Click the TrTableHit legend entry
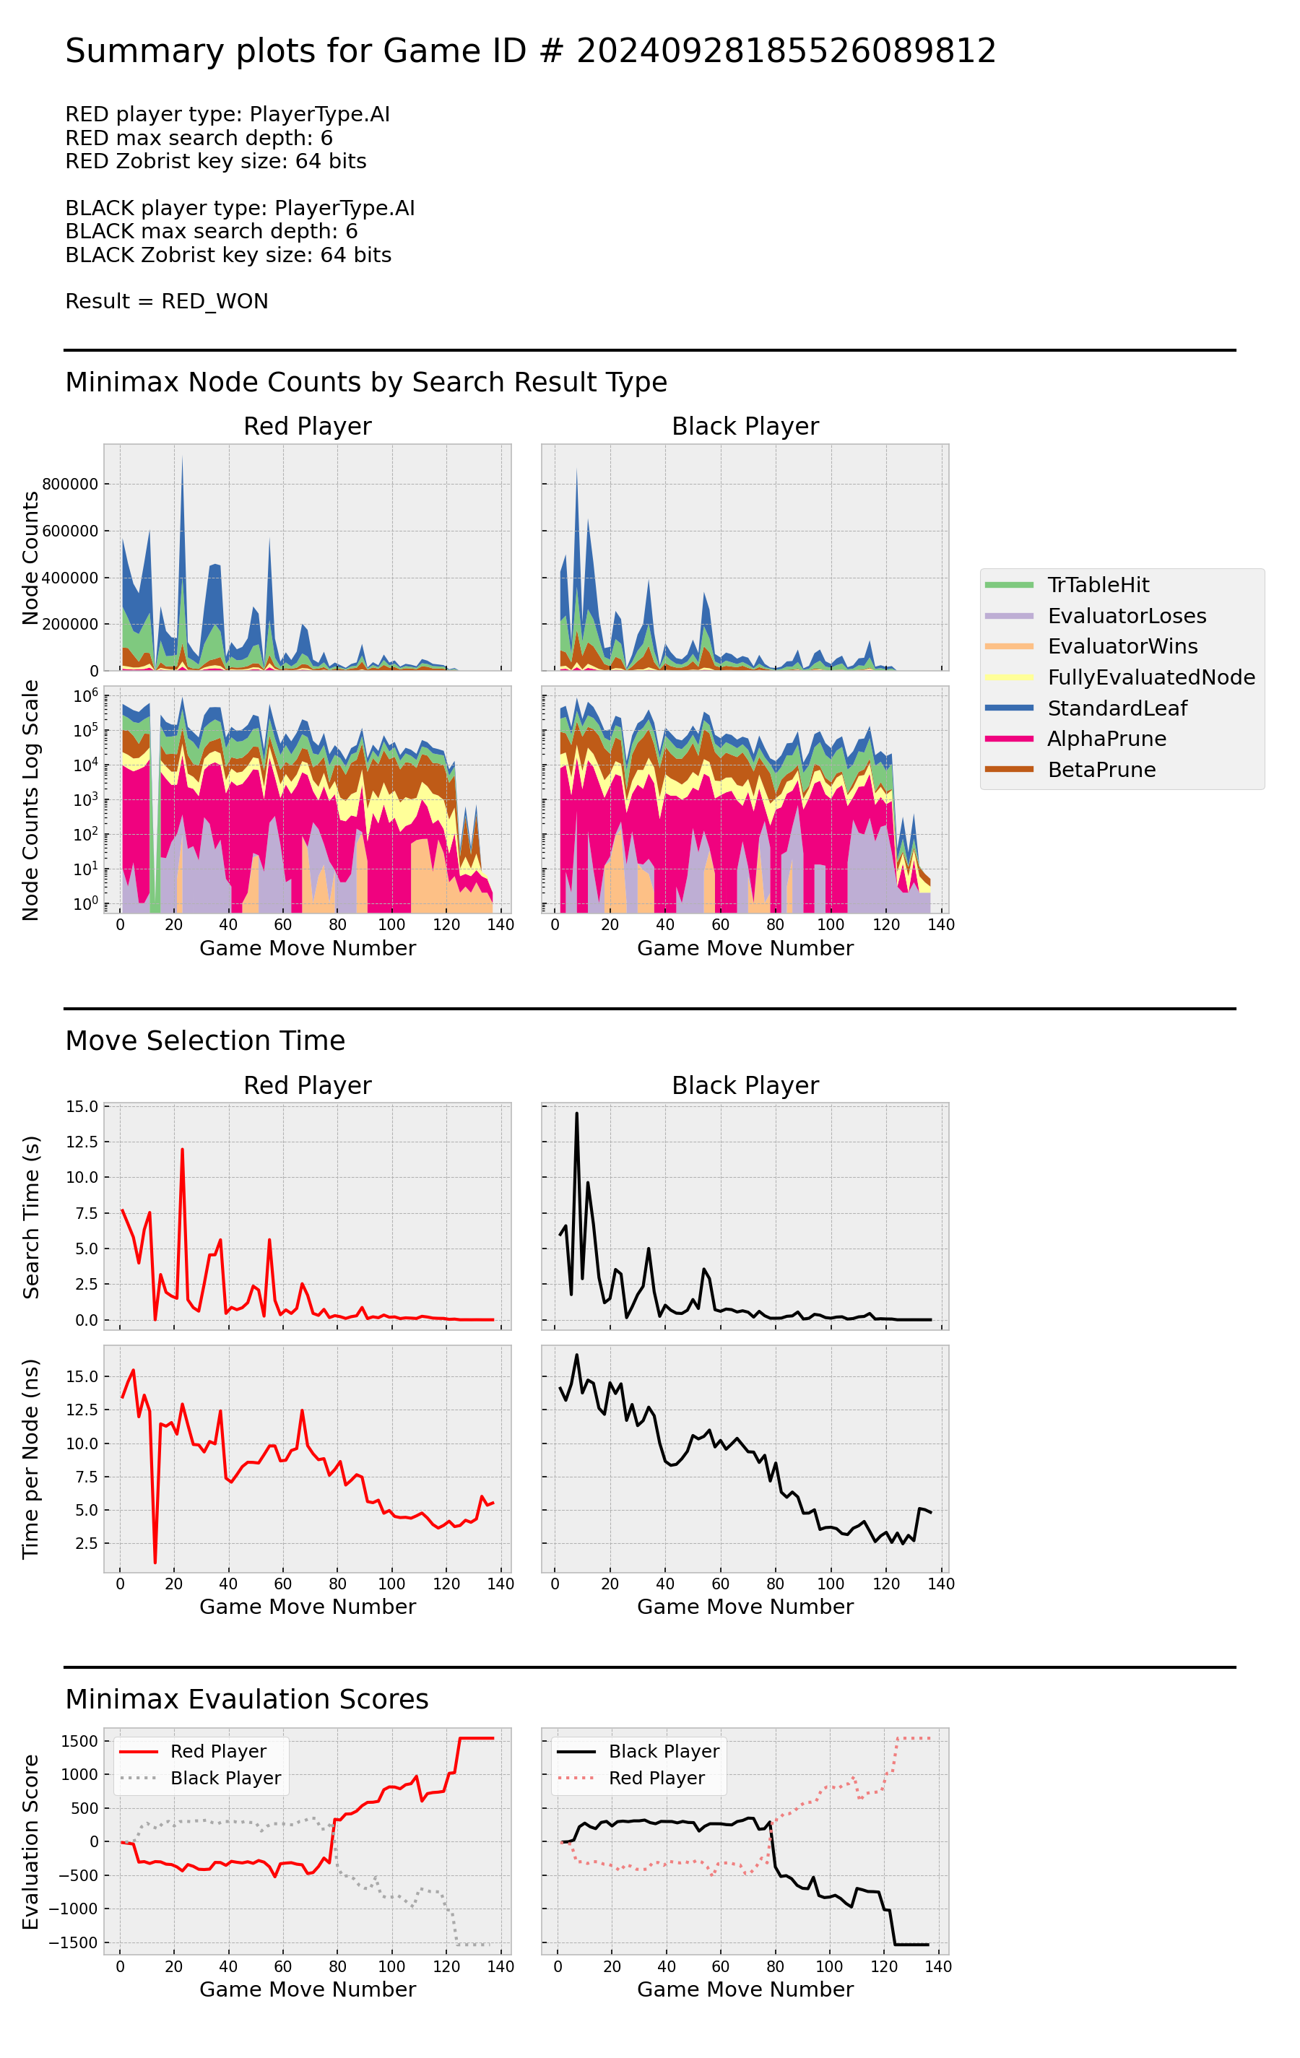[x=1098, y=585]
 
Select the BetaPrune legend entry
[x=1101, y=769]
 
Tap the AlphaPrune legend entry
[x=1106, y=739]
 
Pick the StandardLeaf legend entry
[x=1117, y=708]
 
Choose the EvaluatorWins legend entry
[x=1122, y=646]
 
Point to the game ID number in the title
[x=786, y=51]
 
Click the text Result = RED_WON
[x=167, y=301]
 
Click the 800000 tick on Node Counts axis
[x=70, y=484]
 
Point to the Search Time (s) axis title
[x=31, y=1217]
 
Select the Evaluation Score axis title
[x=31, y=1842]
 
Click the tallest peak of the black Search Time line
[x=577, y=1113]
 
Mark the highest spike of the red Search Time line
[x=182, y=1150]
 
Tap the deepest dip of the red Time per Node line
[x=155, y=1563]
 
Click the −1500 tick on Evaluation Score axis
[x=74, y=1942]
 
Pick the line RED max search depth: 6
[x=199, y=138]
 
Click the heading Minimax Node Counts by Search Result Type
[x=366, y=382]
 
